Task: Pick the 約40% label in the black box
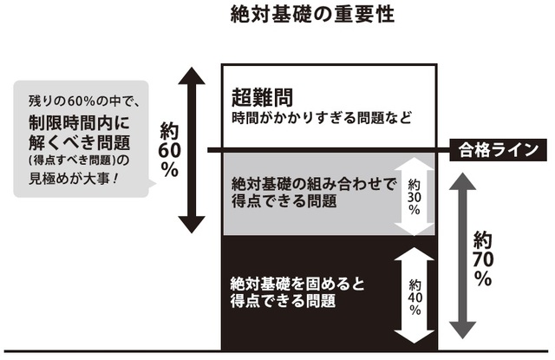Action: click(415, 297)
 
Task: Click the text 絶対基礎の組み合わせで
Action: click(313, 185)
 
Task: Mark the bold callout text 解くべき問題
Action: click(71, 141)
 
